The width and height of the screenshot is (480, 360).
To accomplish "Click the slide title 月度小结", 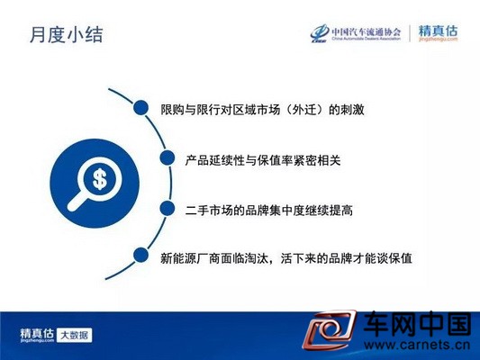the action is [67, 34].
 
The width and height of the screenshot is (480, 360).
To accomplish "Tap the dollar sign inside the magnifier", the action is [100, 179].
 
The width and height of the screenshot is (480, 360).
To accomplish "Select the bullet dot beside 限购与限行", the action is [141, 108].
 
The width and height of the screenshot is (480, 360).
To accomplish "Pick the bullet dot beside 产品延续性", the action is [168, 157].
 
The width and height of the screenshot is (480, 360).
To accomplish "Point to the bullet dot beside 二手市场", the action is [168, 209].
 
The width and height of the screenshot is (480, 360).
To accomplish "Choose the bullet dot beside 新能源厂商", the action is [140, 255].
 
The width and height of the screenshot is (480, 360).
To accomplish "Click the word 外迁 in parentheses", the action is [303, 110].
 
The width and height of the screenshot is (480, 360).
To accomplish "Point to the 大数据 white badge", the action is [75, 335].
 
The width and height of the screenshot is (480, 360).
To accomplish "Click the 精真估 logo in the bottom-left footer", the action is [37, 335].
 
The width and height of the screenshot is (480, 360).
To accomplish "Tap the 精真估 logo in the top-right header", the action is [438, 32].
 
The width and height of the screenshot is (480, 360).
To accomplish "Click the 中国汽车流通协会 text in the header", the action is [367, 31].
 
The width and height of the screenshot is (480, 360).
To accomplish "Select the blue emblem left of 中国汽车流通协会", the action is [321, 33].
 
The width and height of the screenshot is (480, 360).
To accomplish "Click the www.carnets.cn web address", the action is [417, 346].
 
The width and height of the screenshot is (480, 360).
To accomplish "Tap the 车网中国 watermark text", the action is [417, 324].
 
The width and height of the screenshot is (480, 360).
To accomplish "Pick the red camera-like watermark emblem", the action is [330, 329].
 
